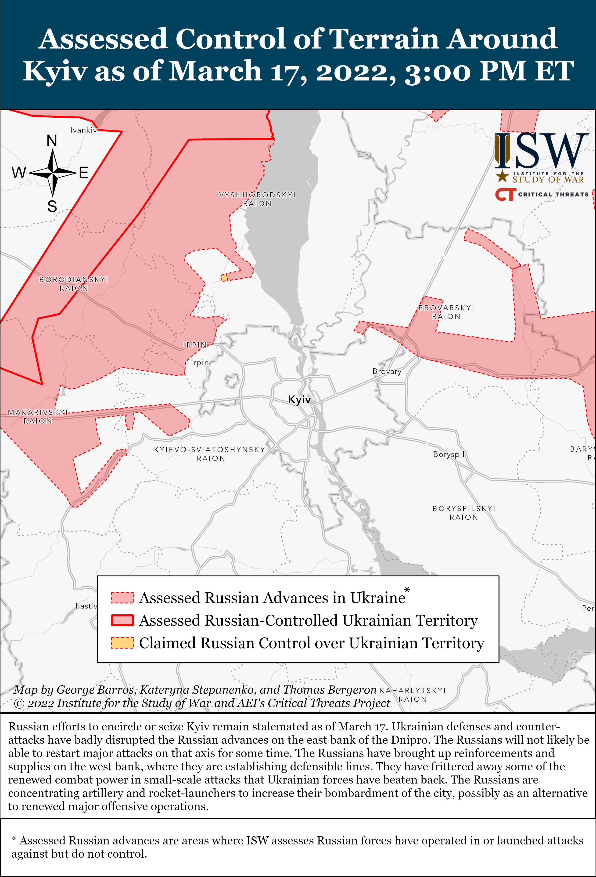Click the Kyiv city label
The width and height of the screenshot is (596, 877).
[299, 400]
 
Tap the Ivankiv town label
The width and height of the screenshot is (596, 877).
[84, 130]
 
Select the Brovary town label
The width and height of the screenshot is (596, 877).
[387, 371]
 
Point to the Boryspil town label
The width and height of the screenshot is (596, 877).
[449, 454]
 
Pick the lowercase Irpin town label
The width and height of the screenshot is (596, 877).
[200, 363]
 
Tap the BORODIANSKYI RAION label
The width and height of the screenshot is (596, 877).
[74, 284]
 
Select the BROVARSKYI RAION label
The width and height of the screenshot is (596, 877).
[446, 312]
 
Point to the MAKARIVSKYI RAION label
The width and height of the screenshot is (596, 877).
[38, 417]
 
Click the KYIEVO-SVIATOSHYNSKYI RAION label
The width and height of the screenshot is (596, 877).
[211, 454]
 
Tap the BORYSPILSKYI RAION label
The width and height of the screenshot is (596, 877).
[464, 513]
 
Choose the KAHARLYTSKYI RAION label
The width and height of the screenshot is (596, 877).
[413, 695]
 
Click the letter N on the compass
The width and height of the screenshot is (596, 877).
[52, 141]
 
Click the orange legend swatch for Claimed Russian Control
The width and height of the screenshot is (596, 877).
[122, 643]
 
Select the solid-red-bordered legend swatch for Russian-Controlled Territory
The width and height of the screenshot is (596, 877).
[122, 620]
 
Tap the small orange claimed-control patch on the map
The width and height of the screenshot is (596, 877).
[224, 278]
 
